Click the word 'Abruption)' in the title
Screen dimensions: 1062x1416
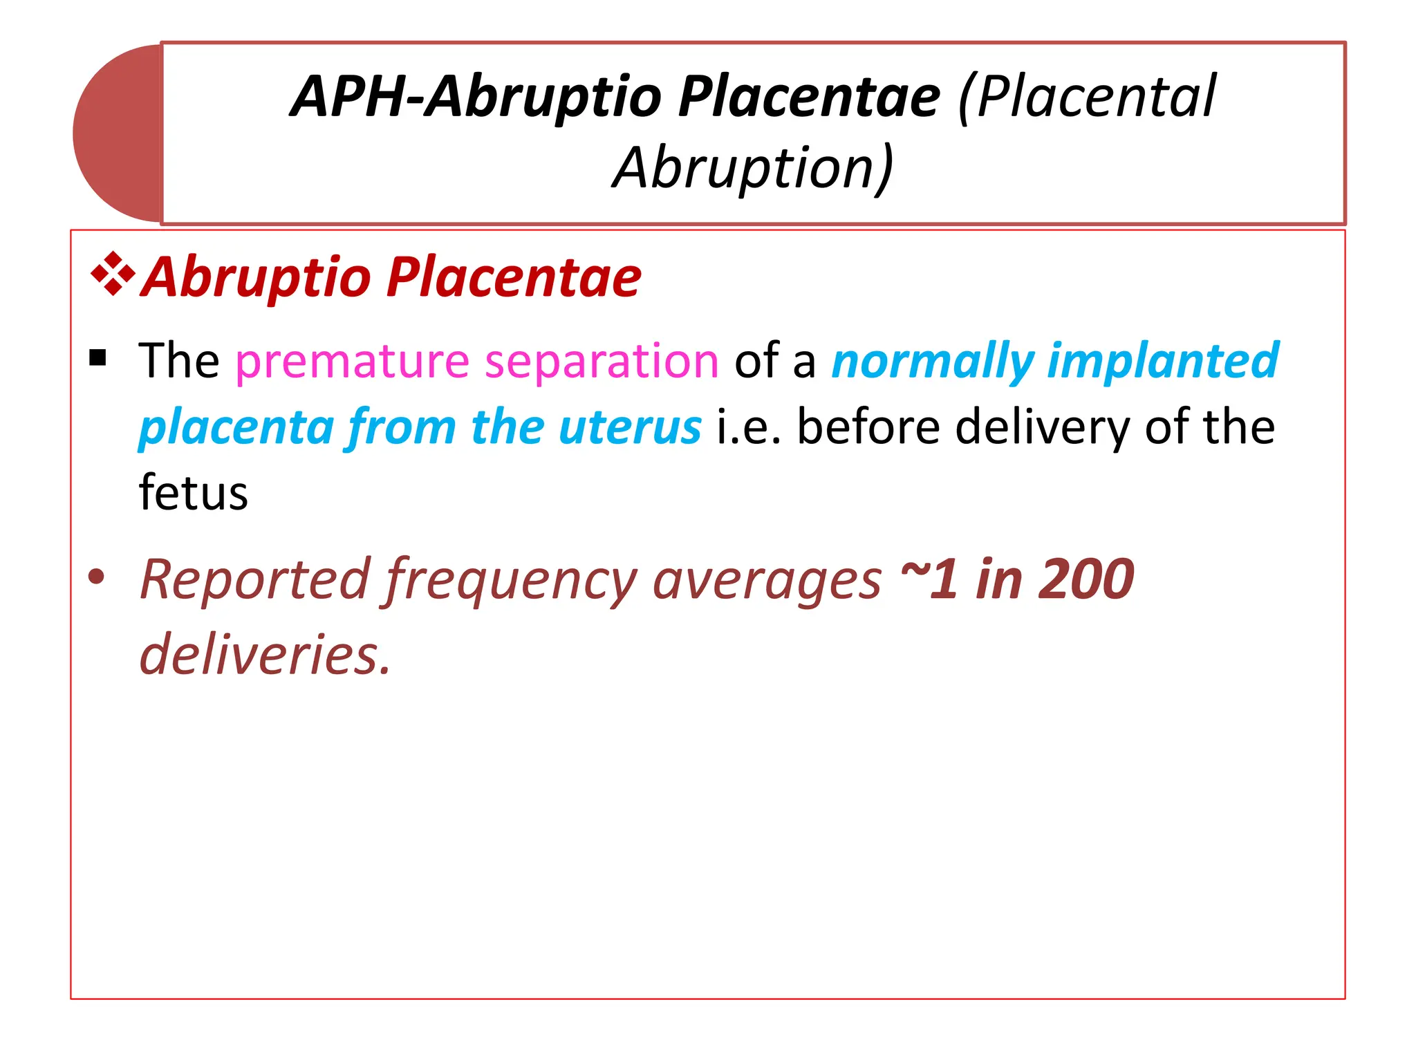pyautogui.click(x=753, y=168)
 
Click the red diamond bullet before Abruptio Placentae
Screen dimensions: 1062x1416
pyautogui.click(x=113, y=274)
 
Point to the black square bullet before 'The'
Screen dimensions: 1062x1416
pyautogui.click(x=98, y=358)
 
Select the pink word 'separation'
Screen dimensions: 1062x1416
pyautogui.click(x=602, y=362)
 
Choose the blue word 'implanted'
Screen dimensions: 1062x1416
pyautogui.click(x=1163, y=362)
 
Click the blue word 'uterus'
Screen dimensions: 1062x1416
pyautogui.click(x=630, y=427)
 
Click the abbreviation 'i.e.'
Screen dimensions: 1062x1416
pyautogui.click(x=749, y=427)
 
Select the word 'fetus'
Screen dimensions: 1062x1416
pyautogui.click(x=193, y=493)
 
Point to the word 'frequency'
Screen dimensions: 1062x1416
pyautogui.click(x=511, y=581)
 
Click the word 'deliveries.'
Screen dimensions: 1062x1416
pyautogui.click(x=265, y=654)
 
